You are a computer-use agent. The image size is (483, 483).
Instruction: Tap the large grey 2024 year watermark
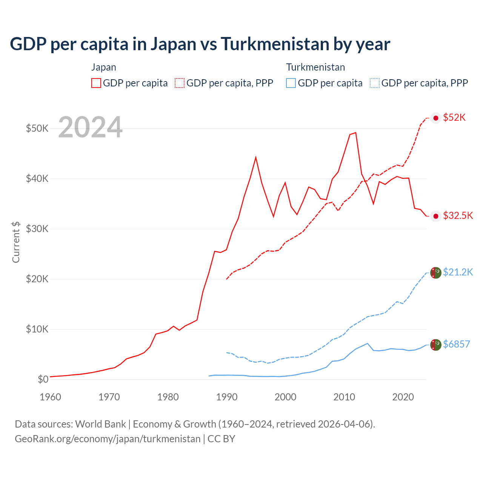click(x=90, y=128)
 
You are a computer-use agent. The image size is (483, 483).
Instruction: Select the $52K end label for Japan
click(x=454, y=118)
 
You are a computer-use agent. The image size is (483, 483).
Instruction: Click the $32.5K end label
click(x=458, y=215)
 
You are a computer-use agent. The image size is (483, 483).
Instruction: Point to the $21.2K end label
click(x=458, y=272)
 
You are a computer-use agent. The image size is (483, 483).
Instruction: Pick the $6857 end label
click(x=456, y=344)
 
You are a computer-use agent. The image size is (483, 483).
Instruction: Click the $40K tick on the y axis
click(x=37, y=178)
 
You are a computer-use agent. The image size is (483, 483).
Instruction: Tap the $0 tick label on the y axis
click(x=43, y=379)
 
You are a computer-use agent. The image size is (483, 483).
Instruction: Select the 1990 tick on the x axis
click(x=227, y=397)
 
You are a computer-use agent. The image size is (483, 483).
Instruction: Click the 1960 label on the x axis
click(x=51, y=397)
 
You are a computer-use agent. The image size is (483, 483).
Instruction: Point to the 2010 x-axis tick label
click(x=344, y=397)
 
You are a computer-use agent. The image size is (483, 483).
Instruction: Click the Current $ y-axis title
click(x=16, y=242)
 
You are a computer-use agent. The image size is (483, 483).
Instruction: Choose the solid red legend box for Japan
click(x=96, y=83)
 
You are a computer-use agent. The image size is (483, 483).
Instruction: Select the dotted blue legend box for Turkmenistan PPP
click(x=375, y=83)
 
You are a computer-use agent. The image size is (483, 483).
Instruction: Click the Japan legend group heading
click(x=103, y=67)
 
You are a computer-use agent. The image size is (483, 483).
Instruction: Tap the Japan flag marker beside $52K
click(x=436, y=118)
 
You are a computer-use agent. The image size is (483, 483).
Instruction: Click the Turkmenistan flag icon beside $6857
click(x=436, y=345)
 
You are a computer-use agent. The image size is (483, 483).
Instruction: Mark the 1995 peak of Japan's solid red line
click(x=256, y=157)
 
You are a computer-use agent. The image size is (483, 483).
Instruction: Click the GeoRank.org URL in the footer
click(x=108, y=439)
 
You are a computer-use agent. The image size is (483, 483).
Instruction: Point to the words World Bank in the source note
click(x=100, y=424)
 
